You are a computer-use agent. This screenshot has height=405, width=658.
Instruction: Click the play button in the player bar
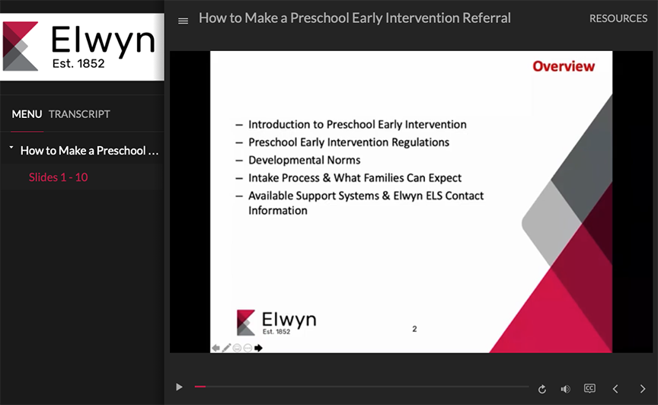(179, 387)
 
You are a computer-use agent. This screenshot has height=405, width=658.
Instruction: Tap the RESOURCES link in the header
(618, 18)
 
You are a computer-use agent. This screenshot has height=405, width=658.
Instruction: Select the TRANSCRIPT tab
(79, 114)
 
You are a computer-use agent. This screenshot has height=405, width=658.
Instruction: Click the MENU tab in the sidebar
(27, 114)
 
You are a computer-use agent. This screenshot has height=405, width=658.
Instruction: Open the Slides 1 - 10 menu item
(59, 177)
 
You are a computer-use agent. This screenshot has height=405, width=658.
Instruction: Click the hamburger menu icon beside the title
(183, 21)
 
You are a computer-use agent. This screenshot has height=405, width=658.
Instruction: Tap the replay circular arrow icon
(542, 389)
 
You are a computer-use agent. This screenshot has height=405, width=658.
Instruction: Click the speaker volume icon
(565, 389)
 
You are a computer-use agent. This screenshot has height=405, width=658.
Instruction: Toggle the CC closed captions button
(589, 388)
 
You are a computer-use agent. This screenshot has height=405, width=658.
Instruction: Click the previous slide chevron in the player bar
(615, 389)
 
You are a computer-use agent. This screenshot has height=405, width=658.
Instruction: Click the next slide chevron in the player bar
(643, 389)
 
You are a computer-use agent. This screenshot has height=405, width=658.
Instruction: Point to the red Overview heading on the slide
(564, 66)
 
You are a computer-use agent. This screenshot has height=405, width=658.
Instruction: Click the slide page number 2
(414, 329)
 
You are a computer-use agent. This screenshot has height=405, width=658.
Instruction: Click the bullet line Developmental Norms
(304, 160)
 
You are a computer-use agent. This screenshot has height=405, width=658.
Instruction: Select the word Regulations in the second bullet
(420, 142)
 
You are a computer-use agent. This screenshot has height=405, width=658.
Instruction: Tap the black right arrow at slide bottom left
(258, 348)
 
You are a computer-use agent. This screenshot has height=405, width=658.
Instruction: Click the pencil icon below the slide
(227, 348)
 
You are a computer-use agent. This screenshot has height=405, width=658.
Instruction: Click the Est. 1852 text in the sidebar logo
(78, 64)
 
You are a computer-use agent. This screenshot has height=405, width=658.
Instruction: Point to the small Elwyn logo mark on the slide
(246, 323)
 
